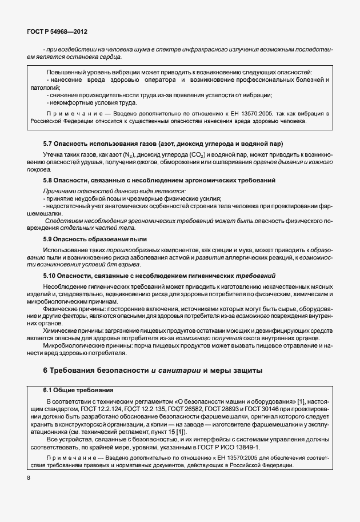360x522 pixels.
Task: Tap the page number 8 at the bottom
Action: click(x=29, y=478)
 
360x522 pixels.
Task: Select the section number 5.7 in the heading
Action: click(x=50, y=143)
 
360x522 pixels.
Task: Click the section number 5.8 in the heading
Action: click(x=50, y=180)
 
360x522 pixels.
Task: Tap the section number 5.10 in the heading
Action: click(x=51, y=276)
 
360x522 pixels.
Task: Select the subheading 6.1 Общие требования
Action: click(x=78, y=390)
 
